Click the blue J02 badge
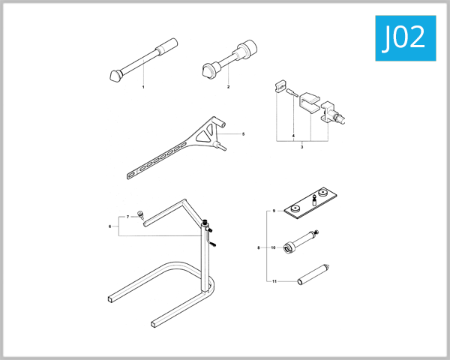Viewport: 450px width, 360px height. coord(403,37)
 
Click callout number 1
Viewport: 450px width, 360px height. coord(142,88)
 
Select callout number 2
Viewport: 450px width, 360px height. coord(228,88)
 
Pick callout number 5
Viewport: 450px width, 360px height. coord(243,134)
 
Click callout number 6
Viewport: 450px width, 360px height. coord(110,226)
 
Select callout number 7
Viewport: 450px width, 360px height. coord(128,217)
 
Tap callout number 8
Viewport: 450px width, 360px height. coord(258,247)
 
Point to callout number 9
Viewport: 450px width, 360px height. coord(274,212)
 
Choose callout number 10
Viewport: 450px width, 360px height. coord(274,247)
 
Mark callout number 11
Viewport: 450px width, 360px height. coord(274,281)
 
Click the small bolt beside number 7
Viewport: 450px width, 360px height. coord(140,216)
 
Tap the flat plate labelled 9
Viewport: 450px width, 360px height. coord(310,205)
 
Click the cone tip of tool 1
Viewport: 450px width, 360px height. coord(113,76)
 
